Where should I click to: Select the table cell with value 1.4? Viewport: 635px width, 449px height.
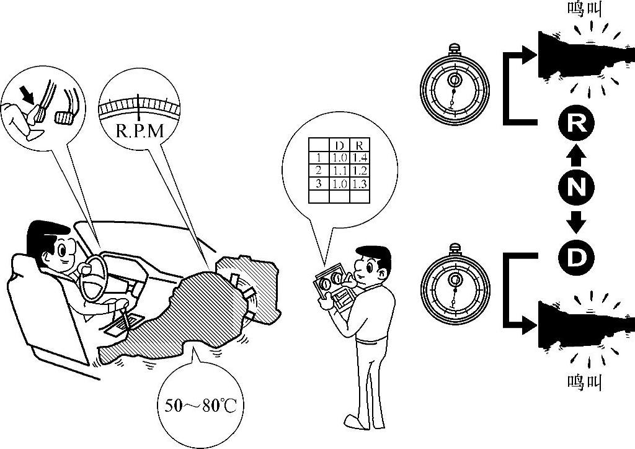(359, 158)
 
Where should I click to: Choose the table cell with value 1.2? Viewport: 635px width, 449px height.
(359, 171)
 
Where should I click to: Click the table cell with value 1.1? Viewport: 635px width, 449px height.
(339, 171)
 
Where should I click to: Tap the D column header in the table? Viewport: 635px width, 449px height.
(339, 145)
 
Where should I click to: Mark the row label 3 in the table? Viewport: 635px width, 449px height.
(319, 184)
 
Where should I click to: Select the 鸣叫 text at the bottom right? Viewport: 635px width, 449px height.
(585, 381)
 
